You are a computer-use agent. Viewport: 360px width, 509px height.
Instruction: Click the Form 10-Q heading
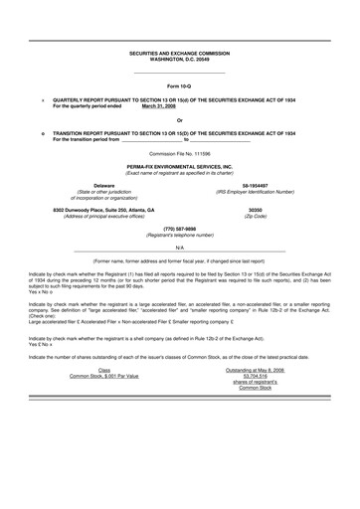179,87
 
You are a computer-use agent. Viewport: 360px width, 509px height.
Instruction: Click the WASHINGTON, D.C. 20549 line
179,59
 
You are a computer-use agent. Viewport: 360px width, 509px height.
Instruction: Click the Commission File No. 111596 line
179,154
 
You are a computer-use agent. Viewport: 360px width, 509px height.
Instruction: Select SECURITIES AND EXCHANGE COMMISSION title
179,53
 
